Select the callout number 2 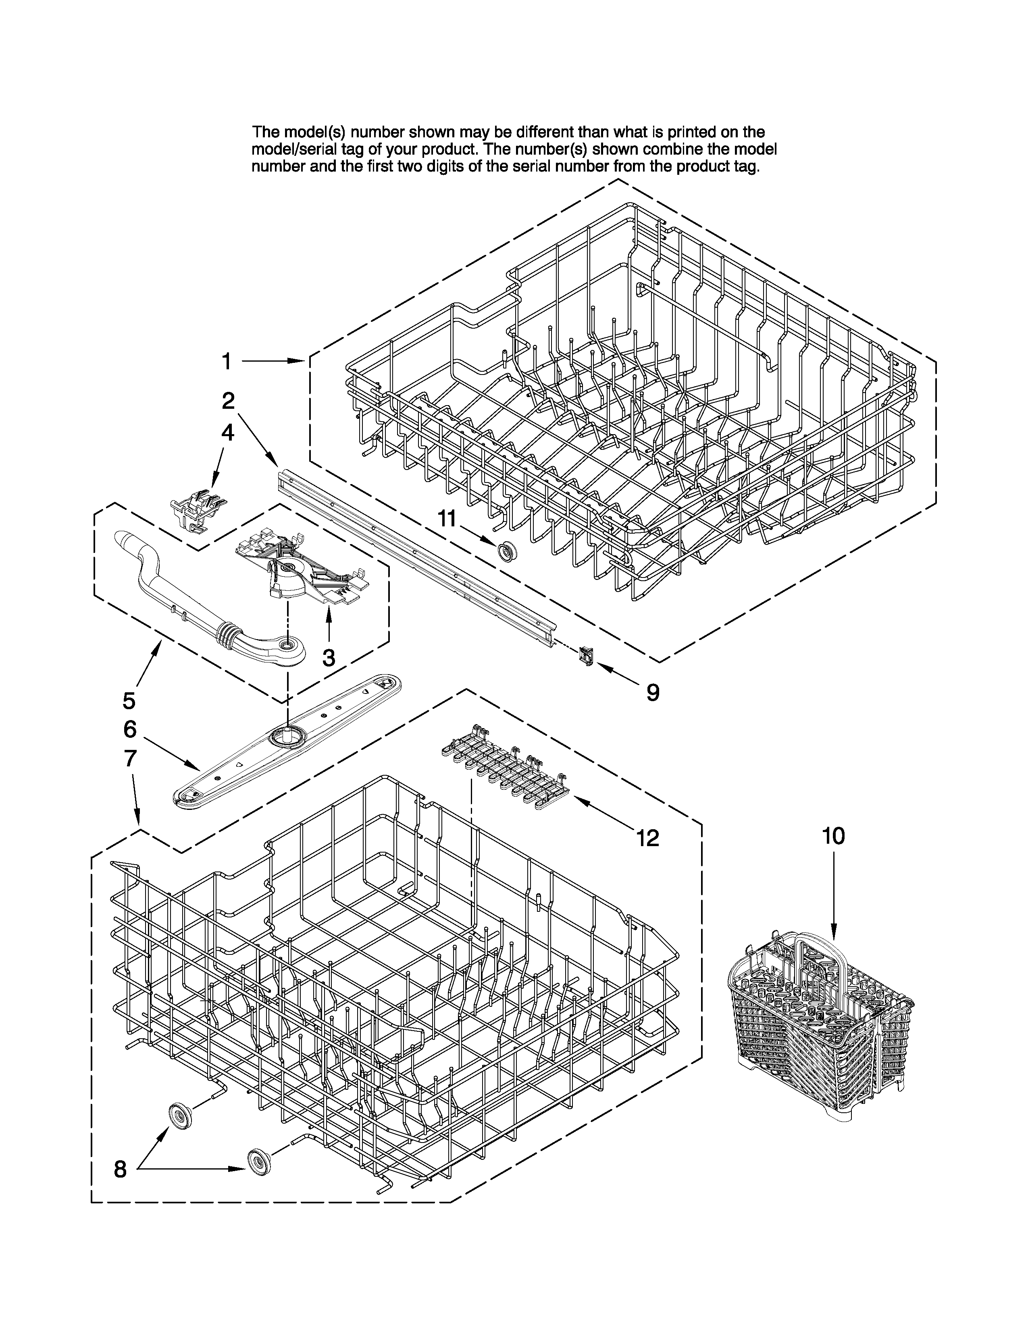[228, 400]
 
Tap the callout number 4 [227, 433]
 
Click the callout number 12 [648, 838]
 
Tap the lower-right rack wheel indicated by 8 [259, 1162]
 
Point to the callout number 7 [130, 758]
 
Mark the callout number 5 [129, 701]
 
